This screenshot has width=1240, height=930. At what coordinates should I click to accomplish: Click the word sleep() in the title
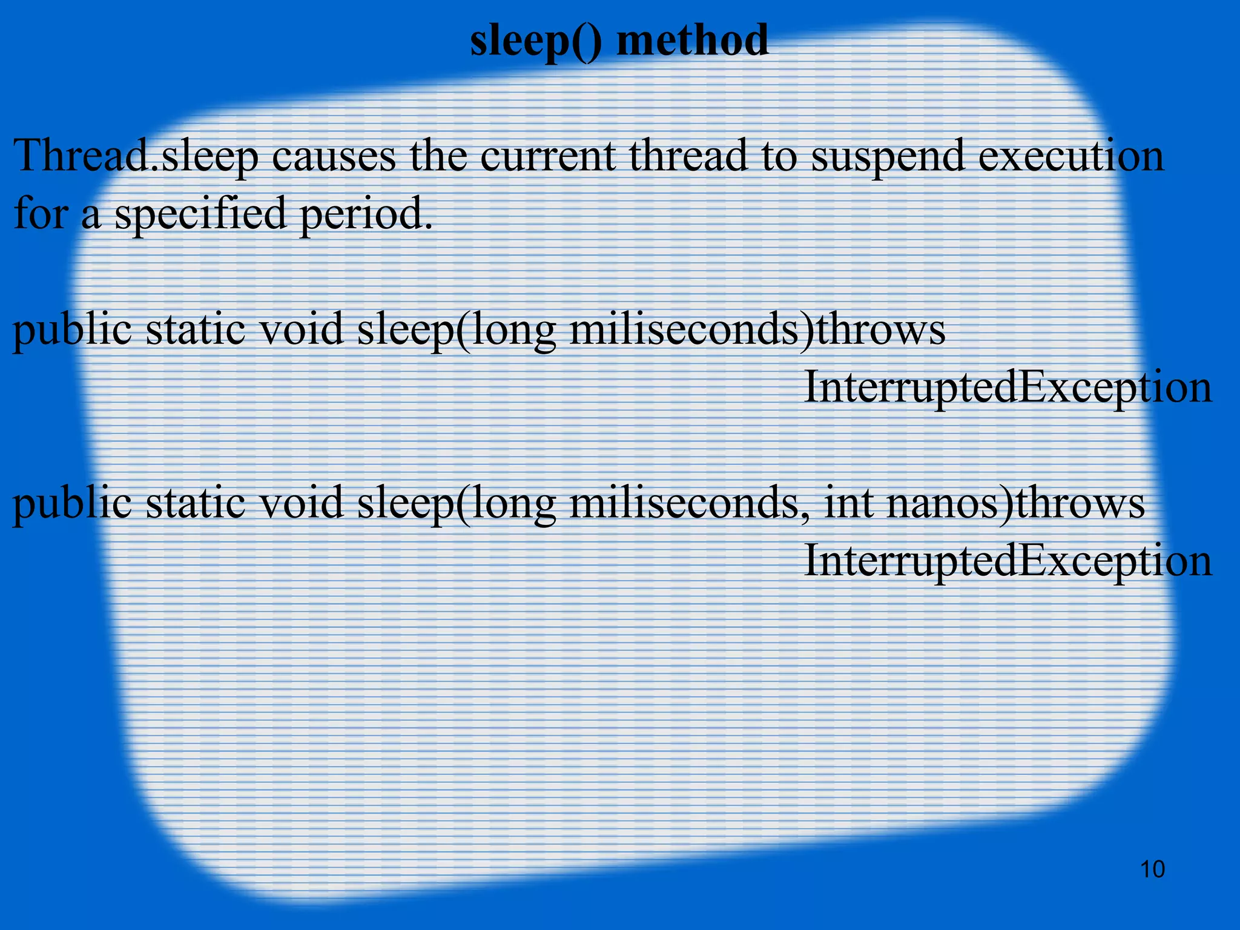tap(535, 41)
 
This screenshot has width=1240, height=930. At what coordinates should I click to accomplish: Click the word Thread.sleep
tap(136, 156)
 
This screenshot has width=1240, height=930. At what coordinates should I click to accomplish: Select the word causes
tap(334, 156)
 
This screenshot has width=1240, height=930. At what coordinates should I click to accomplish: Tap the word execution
tap(1070, 156)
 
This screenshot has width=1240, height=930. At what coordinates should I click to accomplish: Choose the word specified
tap(200, 214)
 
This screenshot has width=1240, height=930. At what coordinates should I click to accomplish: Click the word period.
tap(367, 214)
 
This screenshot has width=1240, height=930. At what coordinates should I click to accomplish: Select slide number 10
tap(1152, 869)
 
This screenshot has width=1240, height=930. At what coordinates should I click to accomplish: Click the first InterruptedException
tap(1007, 387)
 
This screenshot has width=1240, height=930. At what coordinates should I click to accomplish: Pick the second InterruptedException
tap(1007, 561)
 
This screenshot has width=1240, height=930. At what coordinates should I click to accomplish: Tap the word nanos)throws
tap(1015, 504)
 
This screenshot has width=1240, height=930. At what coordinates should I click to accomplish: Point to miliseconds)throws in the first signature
tap(757, 331)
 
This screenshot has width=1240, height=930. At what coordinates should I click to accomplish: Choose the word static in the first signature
tap(195, 331)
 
